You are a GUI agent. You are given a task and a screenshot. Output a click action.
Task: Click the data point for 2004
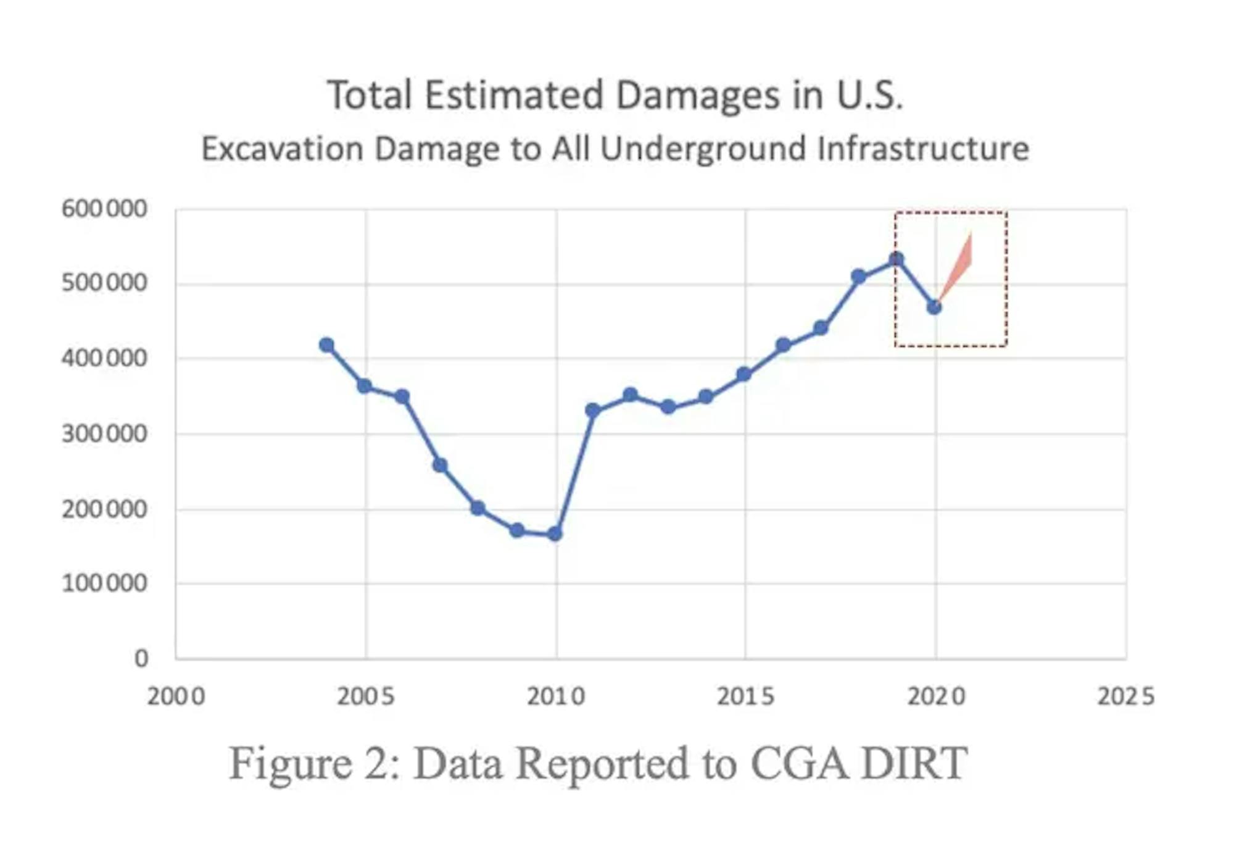(326, 345)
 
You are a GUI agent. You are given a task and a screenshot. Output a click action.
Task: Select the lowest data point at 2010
(555, 533)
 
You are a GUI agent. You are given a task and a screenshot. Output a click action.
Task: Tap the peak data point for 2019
(897, 259)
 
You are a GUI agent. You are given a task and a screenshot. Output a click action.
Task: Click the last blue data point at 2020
(934, 307)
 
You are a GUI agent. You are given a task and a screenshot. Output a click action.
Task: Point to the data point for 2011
(592, 411)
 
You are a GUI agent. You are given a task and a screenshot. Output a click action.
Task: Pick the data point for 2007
(440, 466)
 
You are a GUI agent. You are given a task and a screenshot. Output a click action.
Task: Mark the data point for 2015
(744, 375)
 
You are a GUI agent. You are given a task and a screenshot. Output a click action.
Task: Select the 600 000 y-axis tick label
(104, 209)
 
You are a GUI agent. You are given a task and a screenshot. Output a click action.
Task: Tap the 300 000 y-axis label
(104, 435)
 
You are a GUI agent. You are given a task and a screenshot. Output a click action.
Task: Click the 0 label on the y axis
(141, 659)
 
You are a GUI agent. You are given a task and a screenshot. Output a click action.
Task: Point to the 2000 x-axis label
(176, 697)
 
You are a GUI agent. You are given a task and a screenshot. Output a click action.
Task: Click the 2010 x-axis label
(556, 697)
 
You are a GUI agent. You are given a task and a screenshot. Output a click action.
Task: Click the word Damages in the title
(700, 96)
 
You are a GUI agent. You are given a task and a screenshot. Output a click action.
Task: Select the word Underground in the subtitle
(703, 149)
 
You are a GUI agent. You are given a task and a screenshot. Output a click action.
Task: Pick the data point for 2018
(858, 277)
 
